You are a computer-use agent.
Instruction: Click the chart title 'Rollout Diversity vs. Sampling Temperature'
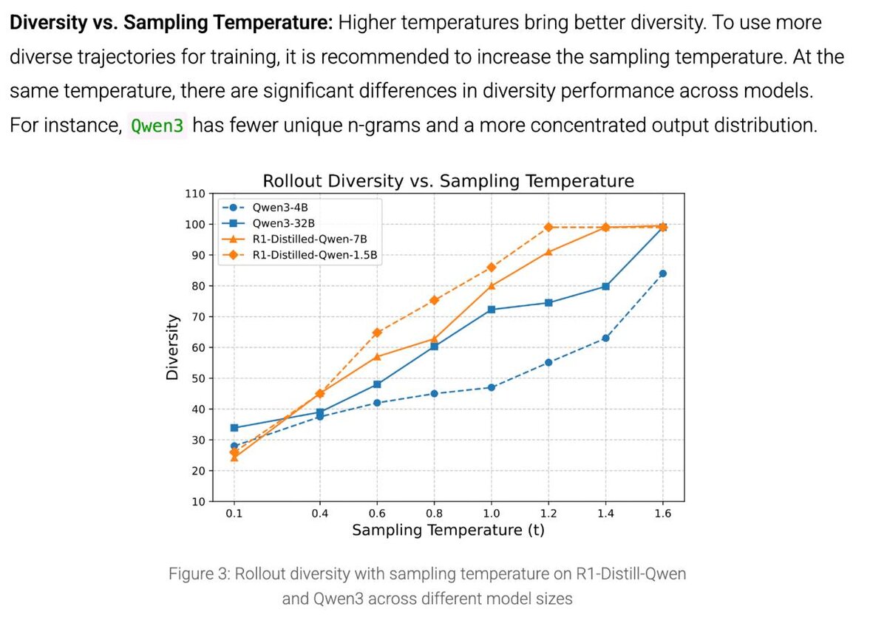click(x=449, y=181)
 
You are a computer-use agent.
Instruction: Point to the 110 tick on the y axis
click(x=194, y=194)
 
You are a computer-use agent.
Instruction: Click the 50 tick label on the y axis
click(x=197, y=378)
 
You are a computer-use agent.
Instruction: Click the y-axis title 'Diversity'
click(x=172, y=347)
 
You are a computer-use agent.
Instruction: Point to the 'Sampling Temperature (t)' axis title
click(x=448, y=531)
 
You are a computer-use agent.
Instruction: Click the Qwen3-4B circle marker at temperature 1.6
click(x=663, y=273)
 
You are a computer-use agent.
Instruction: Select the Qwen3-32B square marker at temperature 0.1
click(x=234, y=427)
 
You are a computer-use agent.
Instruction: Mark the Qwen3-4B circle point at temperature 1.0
click(x=492, y=387)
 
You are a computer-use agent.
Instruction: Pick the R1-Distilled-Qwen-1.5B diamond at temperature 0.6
click(x=377, y=333)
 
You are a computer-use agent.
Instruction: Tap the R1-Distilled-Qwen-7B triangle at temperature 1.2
click(x=548, y=252)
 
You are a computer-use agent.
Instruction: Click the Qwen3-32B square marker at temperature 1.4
click(x=606, y=286)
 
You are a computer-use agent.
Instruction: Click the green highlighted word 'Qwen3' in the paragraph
click(x=157, y=126)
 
